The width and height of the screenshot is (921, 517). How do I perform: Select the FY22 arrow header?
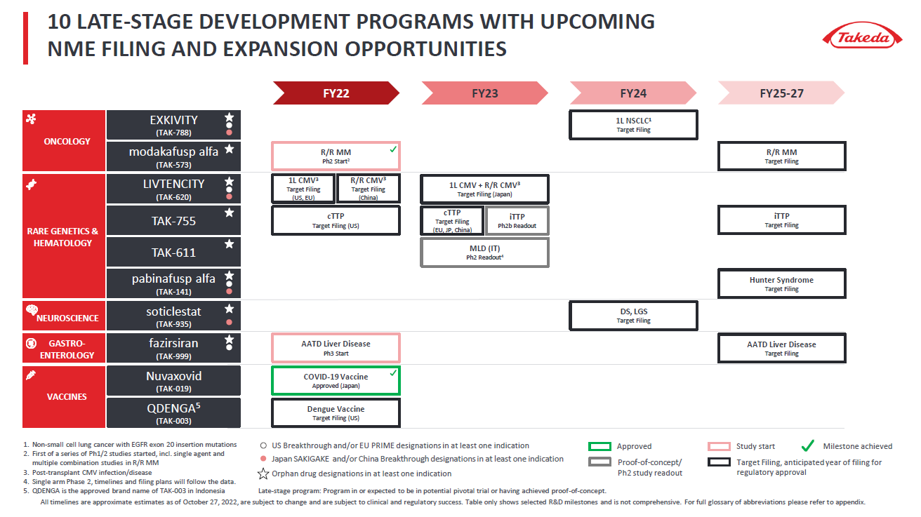click(336, 93)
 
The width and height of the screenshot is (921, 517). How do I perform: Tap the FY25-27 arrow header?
click(781, 93)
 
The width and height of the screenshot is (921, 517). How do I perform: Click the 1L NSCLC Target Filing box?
click(633, 125)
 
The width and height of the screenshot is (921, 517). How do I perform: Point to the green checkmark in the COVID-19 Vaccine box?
click(393, 372)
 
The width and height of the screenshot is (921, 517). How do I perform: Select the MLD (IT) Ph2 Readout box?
click(484, 253)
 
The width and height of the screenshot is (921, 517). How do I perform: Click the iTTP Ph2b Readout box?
click(517, 221)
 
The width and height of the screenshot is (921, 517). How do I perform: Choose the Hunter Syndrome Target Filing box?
click(781, 284)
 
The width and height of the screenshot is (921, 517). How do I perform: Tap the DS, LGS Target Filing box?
click(633, 316)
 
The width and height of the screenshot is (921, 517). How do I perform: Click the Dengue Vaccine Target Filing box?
click(336, 413)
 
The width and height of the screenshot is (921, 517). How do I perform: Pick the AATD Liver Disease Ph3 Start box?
click(336, 348)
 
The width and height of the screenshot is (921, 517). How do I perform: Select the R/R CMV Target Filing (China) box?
click(368, 189)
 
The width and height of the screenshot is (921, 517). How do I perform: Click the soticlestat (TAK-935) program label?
click(173, 316)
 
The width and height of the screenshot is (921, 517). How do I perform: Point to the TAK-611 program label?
click(173, 253)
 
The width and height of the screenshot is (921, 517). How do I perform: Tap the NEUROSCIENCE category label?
click(67, 318)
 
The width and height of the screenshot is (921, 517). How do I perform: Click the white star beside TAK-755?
click(229, 213)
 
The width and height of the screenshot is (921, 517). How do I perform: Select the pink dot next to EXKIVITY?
click(229, 133)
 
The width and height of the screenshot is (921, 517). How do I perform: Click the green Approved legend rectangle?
click(599, 446)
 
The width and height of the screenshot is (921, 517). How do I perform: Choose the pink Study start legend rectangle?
click(719, 446)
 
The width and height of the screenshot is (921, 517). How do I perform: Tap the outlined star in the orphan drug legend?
click(263, 474)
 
